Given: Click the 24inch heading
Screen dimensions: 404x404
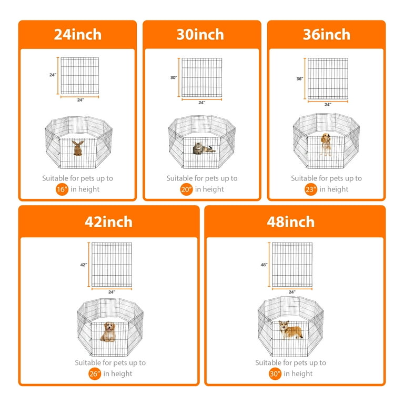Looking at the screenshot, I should click(77, 35).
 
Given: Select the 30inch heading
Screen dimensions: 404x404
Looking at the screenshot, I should click(200, 35).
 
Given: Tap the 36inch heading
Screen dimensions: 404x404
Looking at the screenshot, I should click(326, 35).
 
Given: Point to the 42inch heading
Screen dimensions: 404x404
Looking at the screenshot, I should click(108, 221).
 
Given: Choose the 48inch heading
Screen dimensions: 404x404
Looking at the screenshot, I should click(295, 221).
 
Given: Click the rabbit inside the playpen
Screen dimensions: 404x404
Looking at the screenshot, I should click(77, 148).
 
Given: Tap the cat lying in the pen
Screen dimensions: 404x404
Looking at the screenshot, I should click(203, 148).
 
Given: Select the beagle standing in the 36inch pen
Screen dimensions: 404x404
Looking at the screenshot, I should click(327, 144).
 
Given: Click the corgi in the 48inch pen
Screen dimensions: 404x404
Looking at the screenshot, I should click(291, 330).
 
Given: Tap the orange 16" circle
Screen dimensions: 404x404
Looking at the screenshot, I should click(62, 189).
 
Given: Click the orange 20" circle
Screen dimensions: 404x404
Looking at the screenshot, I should click(186, 189).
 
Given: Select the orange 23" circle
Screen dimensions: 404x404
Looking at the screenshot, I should click(310, 189).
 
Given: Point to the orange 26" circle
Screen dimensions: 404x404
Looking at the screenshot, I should click(95, 374).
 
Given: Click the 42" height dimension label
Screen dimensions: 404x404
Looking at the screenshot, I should click(84, 265).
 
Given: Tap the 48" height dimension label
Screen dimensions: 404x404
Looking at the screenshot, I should click(264, 265).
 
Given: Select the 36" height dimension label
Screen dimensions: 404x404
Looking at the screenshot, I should click(300, 79).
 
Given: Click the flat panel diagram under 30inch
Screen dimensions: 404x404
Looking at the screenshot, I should click(202, 77).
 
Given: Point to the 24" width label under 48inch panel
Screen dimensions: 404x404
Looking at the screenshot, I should click(292, 292).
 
